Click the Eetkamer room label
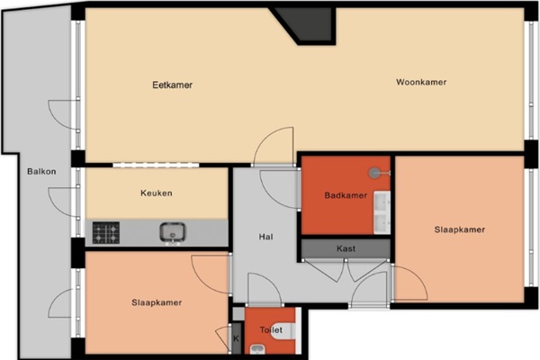click(x=172, y=85)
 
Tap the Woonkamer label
click(x=421, y=82)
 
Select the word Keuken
click(x=157, y=193)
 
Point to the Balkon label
click(x=41, y=171)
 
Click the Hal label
click(x=265, y=237)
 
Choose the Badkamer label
click(x=346, y=195)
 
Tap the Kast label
click(x=346, y=248)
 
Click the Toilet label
click(x=271, y=330)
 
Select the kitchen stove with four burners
click(x=106, y=233)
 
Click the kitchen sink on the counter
click(x=173, y=232)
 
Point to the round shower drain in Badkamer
click(x=374, y=173)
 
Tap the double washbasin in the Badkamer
click(x=382, y=212)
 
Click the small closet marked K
click(x=236, y=338)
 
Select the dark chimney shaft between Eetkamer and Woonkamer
click(x=304, y=25)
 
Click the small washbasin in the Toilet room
click(x=257, y=349)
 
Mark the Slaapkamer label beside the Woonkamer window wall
click(x=459, y=229)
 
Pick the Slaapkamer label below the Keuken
click(x=157, y=302)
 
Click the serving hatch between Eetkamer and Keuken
click(x=156, y=165)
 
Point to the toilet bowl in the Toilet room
click(x=285, y=331)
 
